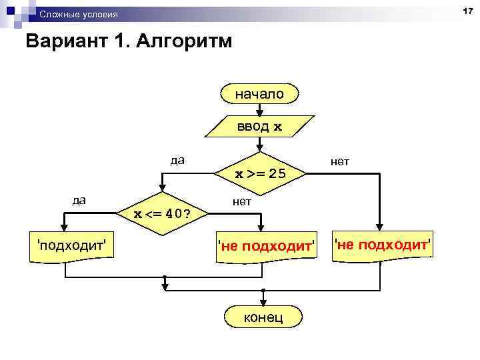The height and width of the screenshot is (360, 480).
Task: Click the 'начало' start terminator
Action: point(259,95)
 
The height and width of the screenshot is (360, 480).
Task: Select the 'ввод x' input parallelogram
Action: point(259,127)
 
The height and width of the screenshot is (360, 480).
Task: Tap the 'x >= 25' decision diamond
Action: point(261,174)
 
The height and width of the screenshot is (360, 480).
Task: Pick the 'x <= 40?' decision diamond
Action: point(161,214)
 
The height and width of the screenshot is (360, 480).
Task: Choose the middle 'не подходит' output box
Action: point(265,246)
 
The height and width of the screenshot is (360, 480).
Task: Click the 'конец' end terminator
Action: point(263,317)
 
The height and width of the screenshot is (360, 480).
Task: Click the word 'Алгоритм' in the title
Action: point(185,42)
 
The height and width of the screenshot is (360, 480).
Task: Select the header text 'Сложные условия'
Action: point(78,14)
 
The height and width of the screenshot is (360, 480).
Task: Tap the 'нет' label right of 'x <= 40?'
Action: point(242,200)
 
